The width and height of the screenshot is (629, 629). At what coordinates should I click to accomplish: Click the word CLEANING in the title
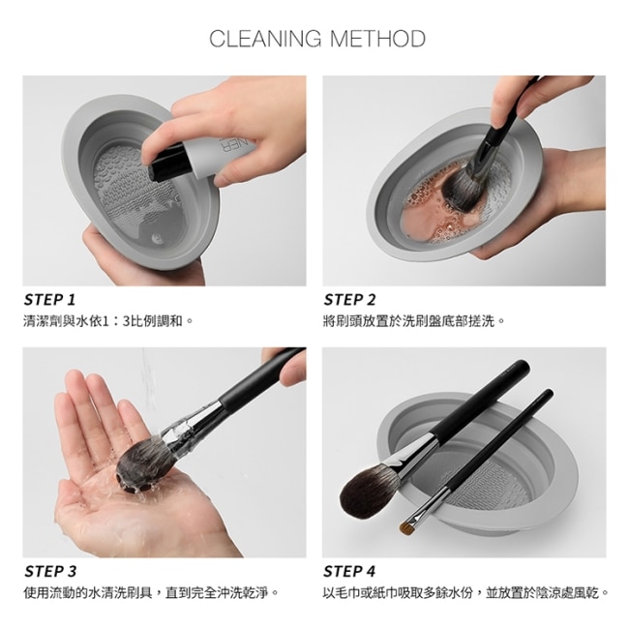tap(265, 39)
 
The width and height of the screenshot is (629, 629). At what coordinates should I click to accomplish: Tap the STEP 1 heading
tap(49, 300)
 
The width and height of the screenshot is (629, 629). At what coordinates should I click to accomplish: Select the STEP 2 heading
tap(349, 300)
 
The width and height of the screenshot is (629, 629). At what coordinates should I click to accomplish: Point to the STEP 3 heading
tap(50, 571)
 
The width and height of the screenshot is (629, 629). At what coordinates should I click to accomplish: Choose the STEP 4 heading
tap(349, 571)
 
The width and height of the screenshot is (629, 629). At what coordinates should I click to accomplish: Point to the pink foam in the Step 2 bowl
tap(425, 217)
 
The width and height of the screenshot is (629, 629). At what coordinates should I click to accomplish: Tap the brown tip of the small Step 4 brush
tap(406, 527)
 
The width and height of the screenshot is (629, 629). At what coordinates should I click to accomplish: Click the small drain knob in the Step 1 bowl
tap(157, 239)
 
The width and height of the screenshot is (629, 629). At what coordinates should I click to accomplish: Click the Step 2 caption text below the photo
tap(413, 321)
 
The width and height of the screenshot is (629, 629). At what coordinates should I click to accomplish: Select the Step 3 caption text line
tap(151, 592)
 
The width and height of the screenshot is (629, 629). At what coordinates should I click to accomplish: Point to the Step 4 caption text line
tap(465, 592)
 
